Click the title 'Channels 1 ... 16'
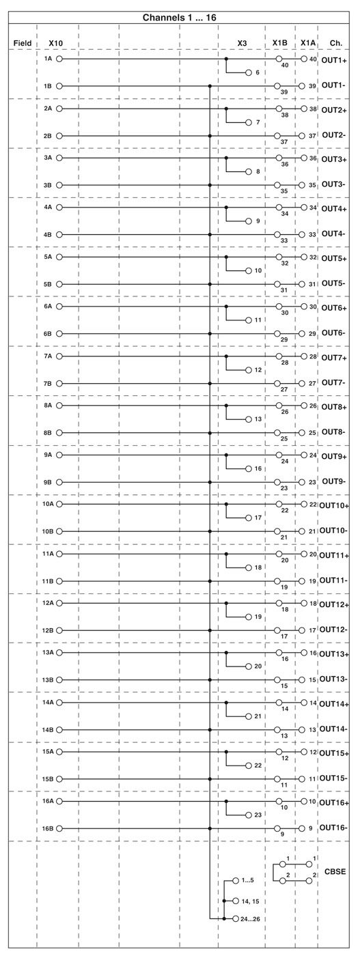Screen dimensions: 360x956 180,18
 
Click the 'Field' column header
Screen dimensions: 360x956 23,43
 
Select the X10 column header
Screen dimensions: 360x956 55,43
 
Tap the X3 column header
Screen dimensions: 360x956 242,43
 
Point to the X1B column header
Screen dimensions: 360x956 279,43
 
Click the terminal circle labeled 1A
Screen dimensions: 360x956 59,59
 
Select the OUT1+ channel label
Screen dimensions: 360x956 334,60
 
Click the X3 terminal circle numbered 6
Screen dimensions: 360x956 249,72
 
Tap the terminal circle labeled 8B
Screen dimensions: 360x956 59,433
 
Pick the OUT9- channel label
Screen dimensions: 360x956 334,481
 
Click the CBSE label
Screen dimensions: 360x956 335,871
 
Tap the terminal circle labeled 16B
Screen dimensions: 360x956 59,828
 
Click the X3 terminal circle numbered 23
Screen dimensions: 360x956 249,815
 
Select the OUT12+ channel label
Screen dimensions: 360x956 334,605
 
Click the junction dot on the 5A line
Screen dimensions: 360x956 226,257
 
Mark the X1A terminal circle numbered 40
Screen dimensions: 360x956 303,59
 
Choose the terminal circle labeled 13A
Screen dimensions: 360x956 59,653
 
